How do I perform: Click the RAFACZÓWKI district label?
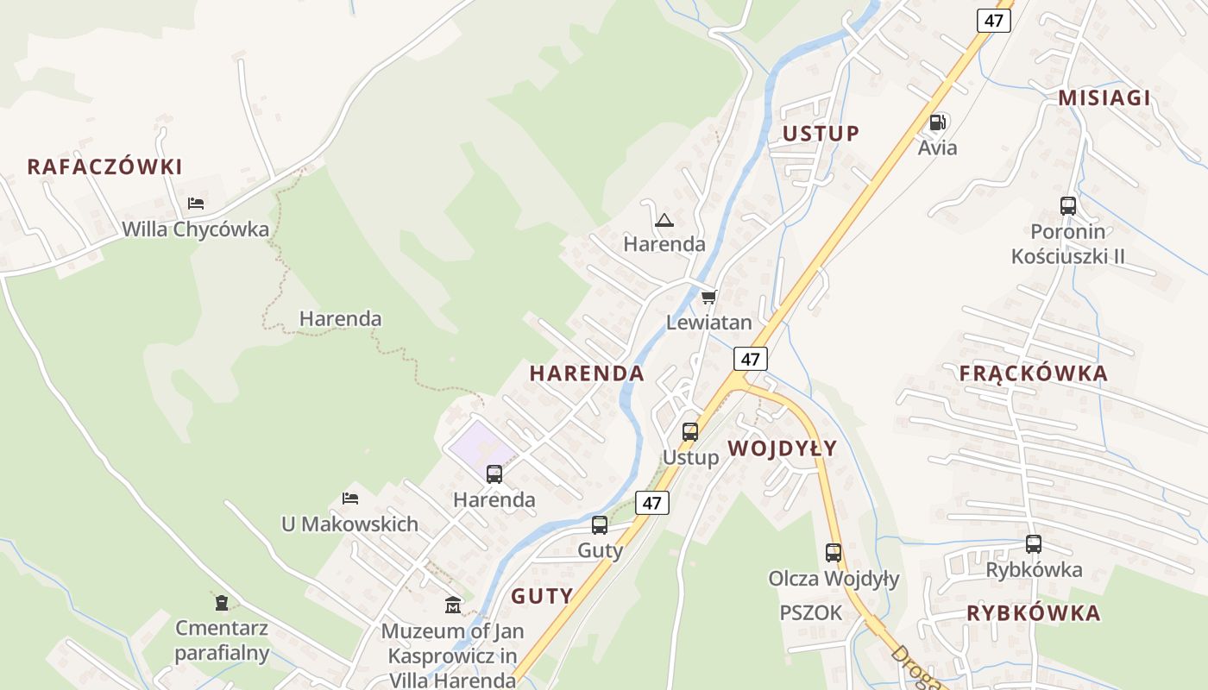(x=104, y=166)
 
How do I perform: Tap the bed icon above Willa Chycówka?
(x=196, y=204)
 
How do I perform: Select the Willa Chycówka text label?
(x=196, y=229)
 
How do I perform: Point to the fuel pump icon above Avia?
(x=938, y=122)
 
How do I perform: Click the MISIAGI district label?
(x=1104, y=97)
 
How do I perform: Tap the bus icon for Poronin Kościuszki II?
(x=1068, y=206)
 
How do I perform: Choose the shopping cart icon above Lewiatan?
(x=709, y=298)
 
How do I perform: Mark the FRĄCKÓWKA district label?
(x=1033, y=373)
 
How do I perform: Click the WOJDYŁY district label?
(x=782, y=448)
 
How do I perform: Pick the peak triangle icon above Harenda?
(x=664, y=220)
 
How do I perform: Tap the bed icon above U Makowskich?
(x=350, y=499)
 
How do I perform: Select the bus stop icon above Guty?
(x=600, y=525)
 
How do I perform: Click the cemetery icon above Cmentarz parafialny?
(x=222, y=602)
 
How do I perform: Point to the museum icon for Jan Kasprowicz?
(x=453, y=605)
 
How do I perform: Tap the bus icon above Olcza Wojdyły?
(x=834, y=553)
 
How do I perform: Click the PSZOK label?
(x=810, y=613)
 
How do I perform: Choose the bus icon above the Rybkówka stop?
(x=1034, y=544)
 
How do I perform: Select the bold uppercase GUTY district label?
(x=542, y=596)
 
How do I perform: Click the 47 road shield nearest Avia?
(x=994, y=20)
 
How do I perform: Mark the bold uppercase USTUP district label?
(x=821, y=134)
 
